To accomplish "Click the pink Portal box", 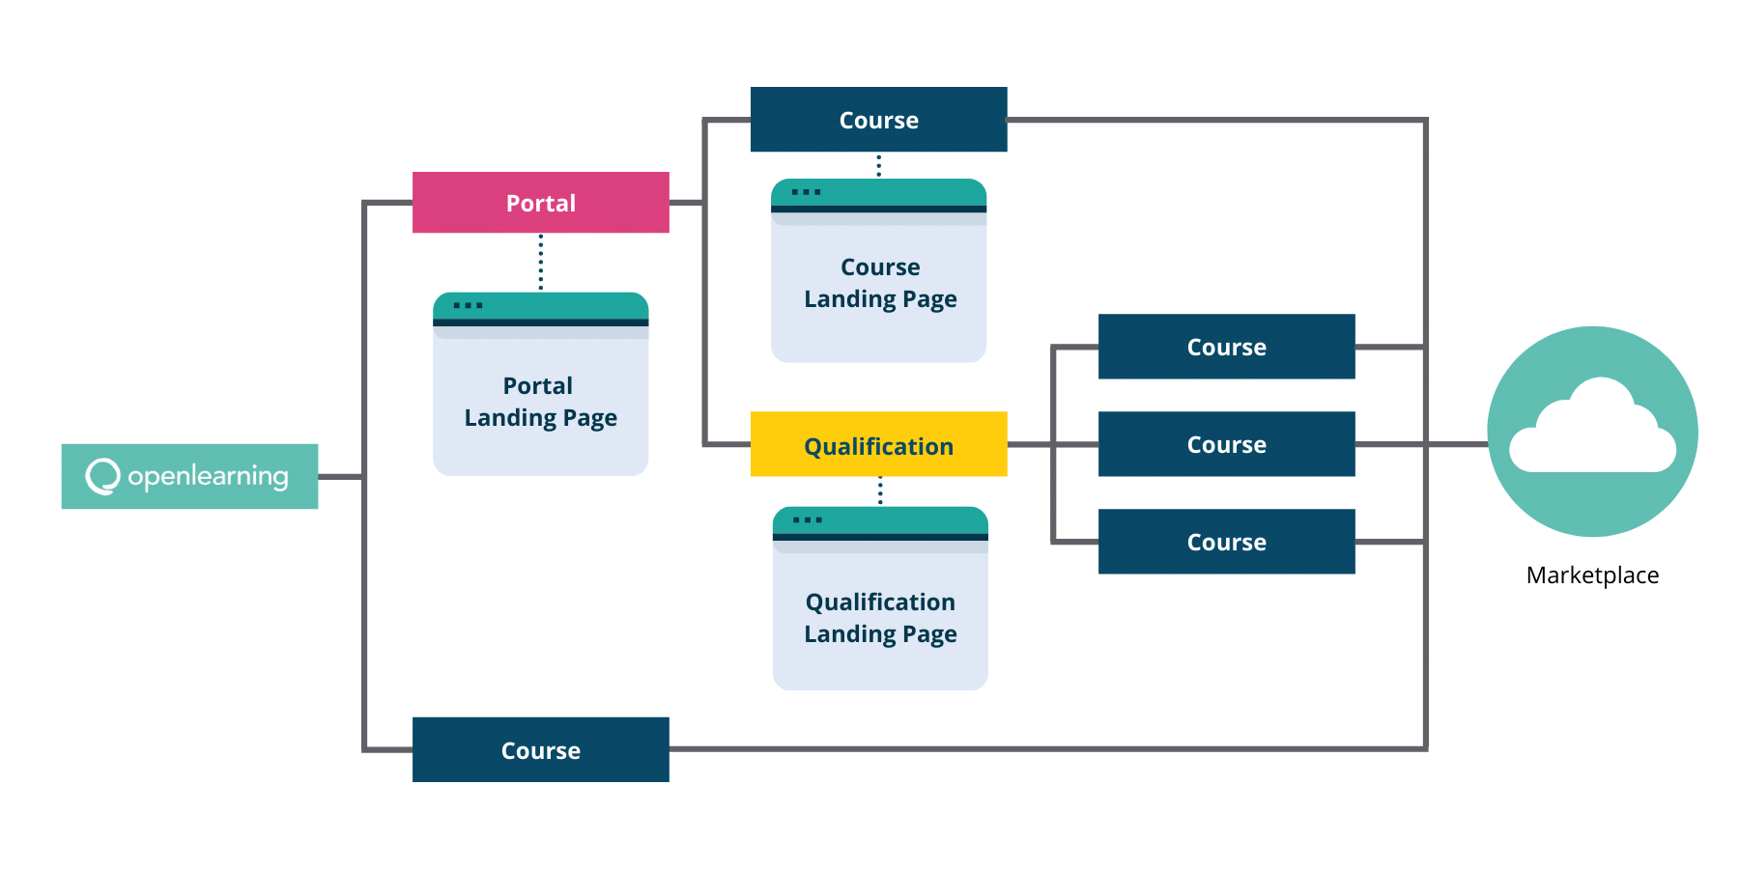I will (x=541, y=203).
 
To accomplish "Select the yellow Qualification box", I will (x=879, y=444).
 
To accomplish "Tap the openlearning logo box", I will (x=189, y=476).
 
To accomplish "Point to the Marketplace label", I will (x=1592, y=575).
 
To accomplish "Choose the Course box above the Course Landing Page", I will (x=879, y=120).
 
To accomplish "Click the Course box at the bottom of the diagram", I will (x=541, y=749).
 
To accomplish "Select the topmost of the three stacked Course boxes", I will (x=1227, y=347).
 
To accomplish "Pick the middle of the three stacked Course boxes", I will (x=1227, y=444).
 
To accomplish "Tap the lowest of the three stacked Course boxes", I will (x=1227, y=542).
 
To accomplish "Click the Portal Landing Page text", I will (x=541, y=402).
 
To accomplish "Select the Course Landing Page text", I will (x=880, y=283).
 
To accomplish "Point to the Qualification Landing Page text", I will (x=880, y=618).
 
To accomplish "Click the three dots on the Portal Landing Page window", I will (x=469, y=306).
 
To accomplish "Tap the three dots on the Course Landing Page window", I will (x=806, y=192).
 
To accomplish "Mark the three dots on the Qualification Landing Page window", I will (x=808, y=520).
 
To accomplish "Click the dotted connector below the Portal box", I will (x=540, y=262).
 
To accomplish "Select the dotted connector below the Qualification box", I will (x=880, y=491).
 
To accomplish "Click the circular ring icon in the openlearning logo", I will (x=102, y=476).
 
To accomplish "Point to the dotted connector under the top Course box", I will (x=878, y=165).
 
